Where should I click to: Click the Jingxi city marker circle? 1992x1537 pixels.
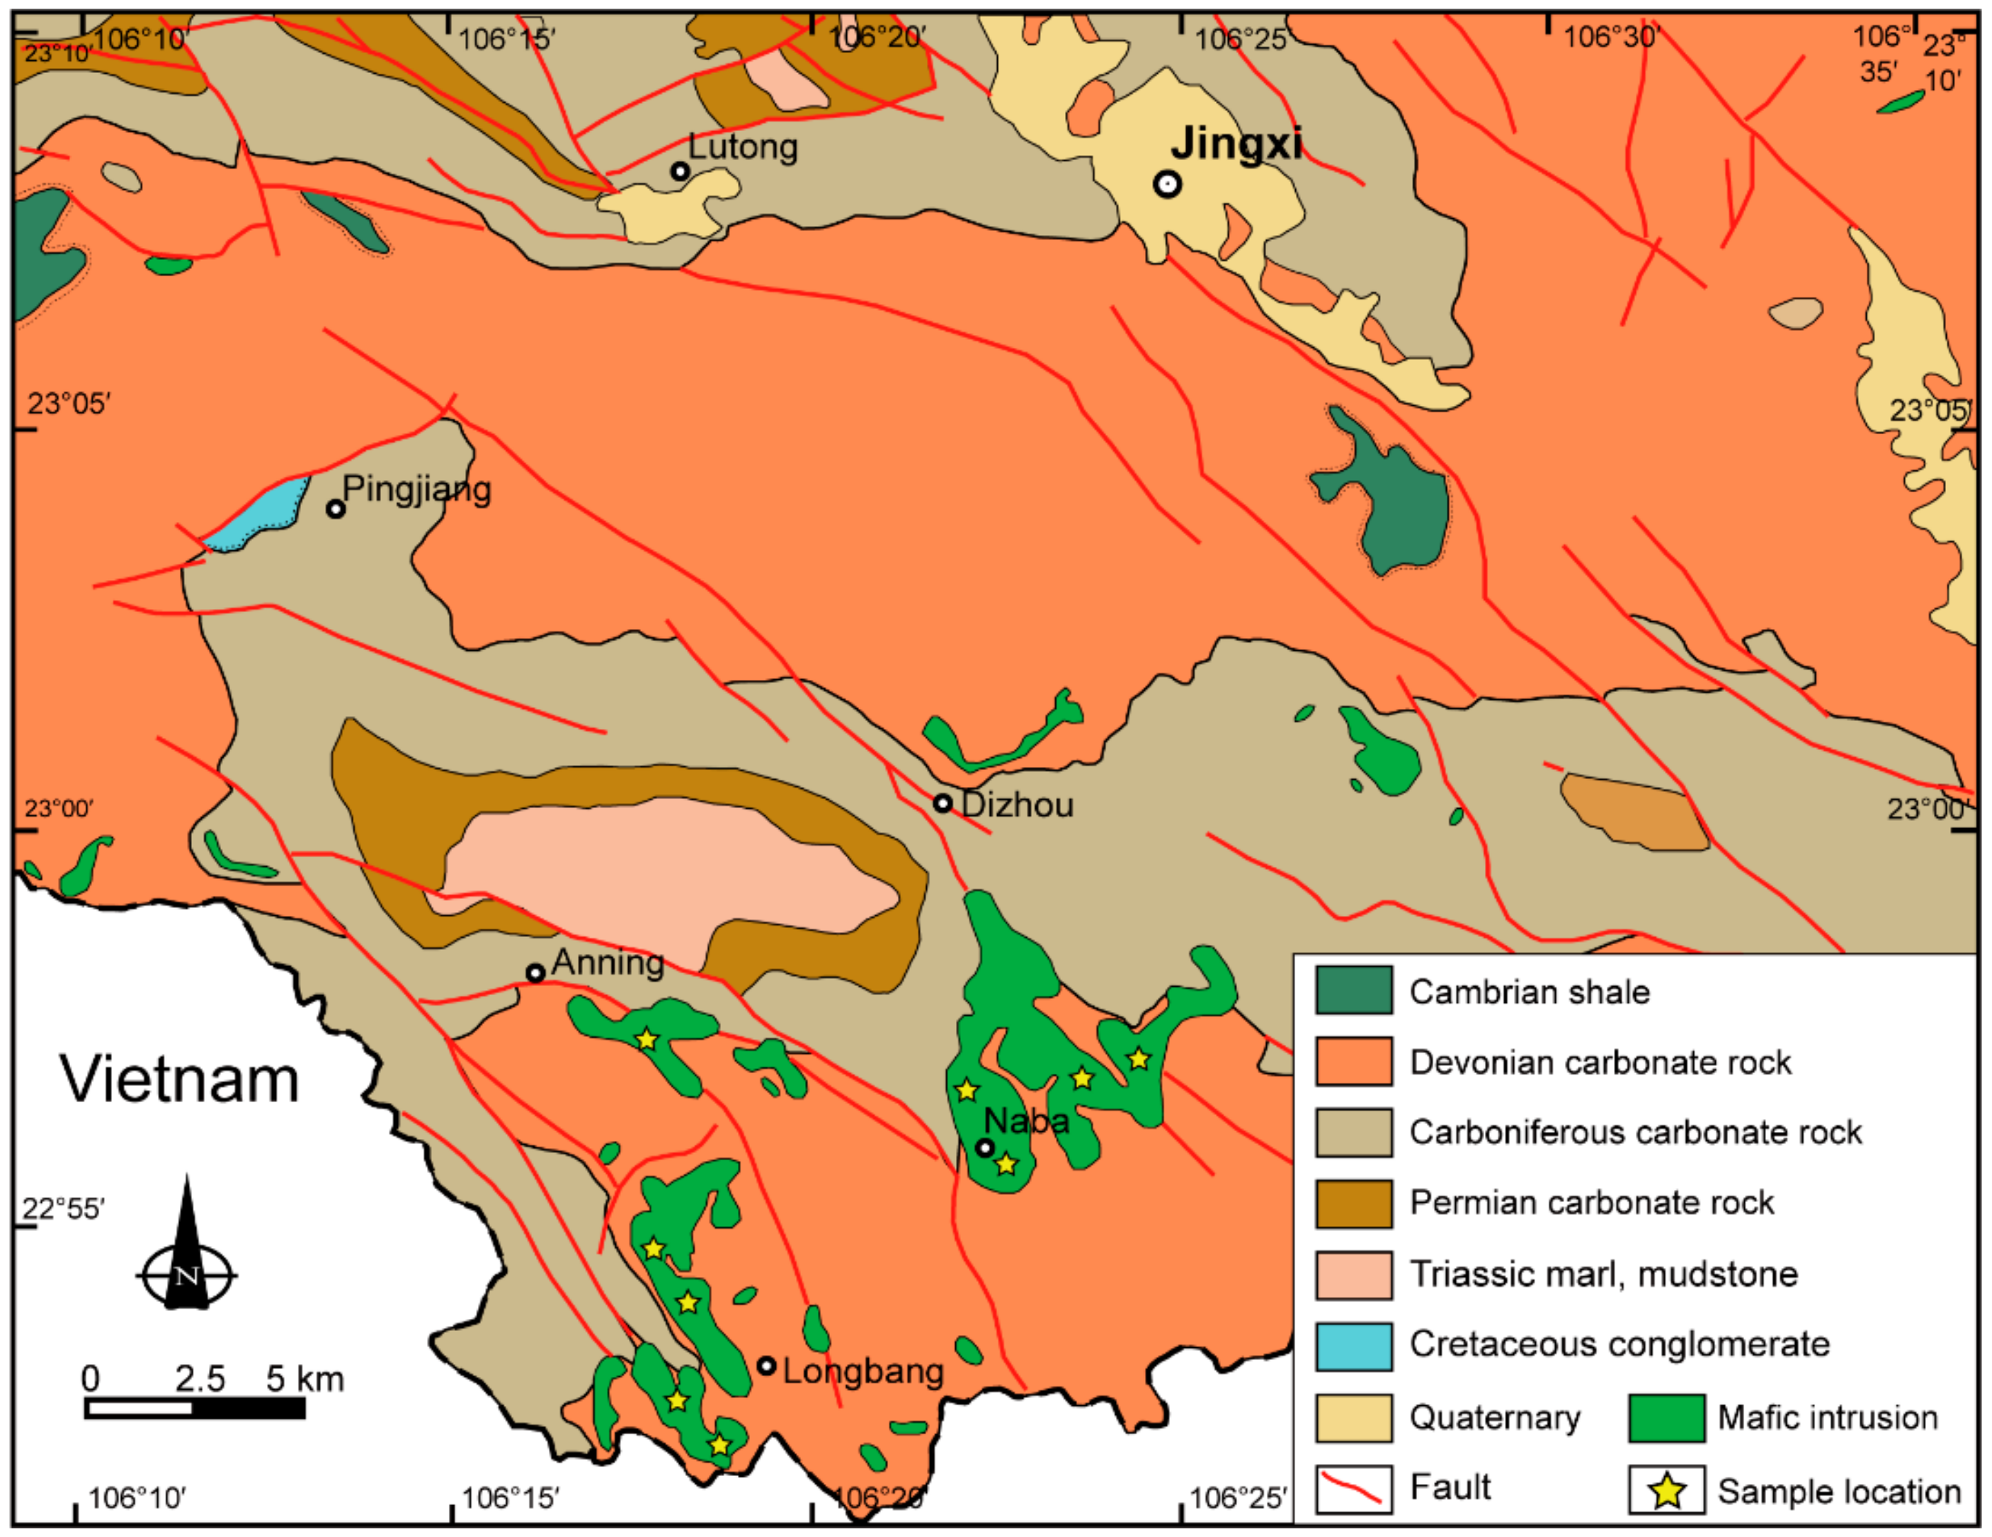pos(1166,184)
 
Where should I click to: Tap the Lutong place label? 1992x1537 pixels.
pos(742,147)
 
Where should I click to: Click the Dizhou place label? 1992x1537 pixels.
pos(1017,805)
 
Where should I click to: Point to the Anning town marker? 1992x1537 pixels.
pos(535,973)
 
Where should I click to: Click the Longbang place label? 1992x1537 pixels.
pos(862,1371)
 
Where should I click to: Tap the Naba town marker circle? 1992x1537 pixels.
pos(984,1147)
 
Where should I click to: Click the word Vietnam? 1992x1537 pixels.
pos(180,1079)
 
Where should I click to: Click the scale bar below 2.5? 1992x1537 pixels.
pos(194,1408)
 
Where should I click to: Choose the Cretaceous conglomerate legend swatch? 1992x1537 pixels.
pos(1353,1346)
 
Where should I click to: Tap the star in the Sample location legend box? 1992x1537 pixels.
pos(1666,1490)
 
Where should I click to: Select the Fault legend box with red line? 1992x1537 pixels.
pos(1353,1490)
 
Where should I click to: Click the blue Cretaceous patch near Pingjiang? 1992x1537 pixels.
pos(260,516)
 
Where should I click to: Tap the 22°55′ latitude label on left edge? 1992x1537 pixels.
pos(63,1210)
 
